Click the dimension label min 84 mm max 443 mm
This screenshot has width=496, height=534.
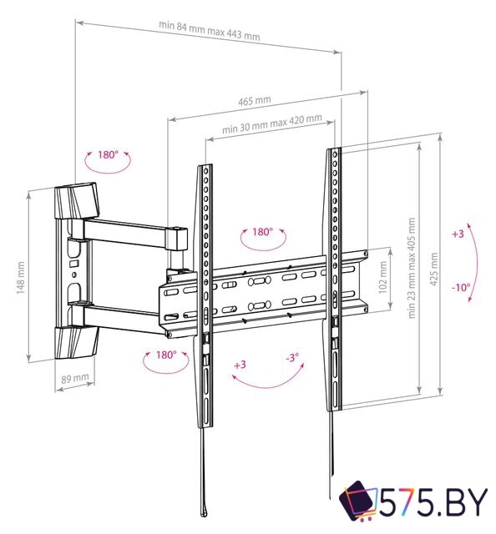(x=209, y=36)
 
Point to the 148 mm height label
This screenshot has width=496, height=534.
(x=20, y=275)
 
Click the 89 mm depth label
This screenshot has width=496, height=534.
(x=74, y=378)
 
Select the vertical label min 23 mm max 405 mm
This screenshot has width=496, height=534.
(x=411, y=270)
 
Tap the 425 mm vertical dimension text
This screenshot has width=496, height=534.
(x=432, y=269)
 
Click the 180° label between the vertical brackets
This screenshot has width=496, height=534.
(x=262, y=232)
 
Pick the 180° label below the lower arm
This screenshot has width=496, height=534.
(x=165, y=354)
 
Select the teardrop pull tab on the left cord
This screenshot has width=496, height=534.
(x=204, y=509)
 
